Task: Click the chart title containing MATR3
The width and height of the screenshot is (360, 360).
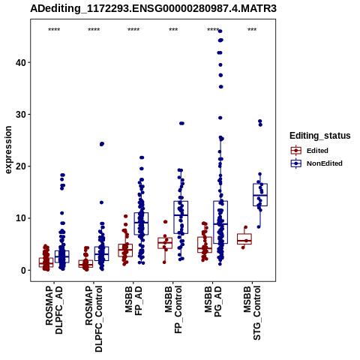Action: pyautogui.click(x=153, y=8)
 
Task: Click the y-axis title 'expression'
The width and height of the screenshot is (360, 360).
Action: pyautogui.click(x=8, y=150)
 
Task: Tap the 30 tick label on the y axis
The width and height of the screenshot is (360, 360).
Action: pyautogui.click(x=21, y=114)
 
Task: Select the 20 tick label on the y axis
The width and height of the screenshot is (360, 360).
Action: pyautogui.click(x=21, y=166)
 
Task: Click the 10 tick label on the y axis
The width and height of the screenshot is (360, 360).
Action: pyautogui.click(x=21, y=218)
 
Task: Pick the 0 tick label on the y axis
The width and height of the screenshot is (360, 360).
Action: pyautogui.click(x=23, y=270)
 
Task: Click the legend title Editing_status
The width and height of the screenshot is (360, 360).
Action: pyautogui.click(x=320, y=136)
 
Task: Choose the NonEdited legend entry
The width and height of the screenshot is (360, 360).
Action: pyautogui.click(x=316, y=163)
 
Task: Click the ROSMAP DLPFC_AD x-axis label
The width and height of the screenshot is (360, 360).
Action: pyautogui.click(x=54, y=310)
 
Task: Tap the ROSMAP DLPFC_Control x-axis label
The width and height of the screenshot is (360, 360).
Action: pyautogui.click(x=94, y=319)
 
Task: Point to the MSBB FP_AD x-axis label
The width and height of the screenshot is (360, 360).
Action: pyautogui.click(x=133, y=301)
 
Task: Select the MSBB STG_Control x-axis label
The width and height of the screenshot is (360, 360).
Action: pyautogui.click(x=252, y=313)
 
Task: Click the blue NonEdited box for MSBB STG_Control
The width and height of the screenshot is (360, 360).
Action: pyautogui.click(x=260, y=195)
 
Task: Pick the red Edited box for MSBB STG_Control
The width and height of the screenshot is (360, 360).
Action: pyautogui.click(x=244, y=239)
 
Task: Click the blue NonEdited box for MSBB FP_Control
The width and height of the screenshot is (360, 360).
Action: pyautogui.click(x=181, y=217)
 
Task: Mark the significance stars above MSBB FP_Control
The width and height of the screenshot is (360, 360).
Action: pyautogui.click(x=173, y=30)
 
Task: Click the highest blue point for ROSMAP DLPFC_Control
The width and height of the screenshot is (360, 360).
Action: pyautogui.click(x=102, y=144)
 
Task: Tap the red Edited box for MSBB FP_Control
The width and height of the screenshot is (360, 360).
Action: pyautogui.click(x=165, y=243)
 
